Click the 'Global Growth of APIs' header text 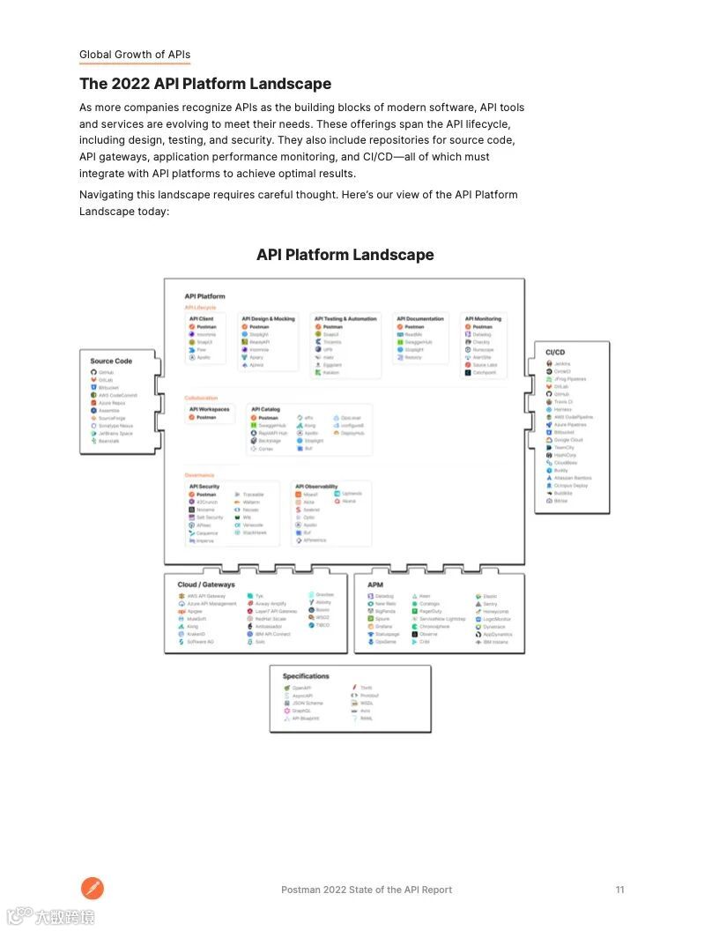point(135,55)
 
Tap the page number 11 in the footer point(619,890)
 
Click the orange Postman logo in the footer point(93,888)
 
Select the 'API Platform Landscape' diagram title point(345,255)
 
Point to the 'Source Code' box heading point(111,361)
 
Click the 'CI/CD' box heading point(555,353)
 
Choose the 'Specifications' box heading point(306,676)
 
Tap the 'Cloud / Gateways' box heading point(206,585)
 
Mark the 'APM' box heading point(375,585)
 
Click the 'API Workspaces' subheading point(209,409)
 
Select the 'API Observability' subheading point(316,487)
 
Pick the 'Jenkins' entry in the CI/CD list point(561,364)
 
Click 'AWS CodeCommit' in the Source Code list point(117,395)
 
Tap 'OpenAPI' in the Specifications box point(301,688)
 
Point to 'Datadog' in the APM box point(384,596)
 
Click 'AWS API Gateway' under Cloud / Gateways point(206,596)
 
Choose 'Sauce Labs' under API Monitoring point(485,365)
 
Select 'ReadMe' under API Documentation point(413,335)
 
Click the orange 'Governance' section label point(199,475)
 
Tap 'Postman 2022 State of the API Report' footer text point(367,890)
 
